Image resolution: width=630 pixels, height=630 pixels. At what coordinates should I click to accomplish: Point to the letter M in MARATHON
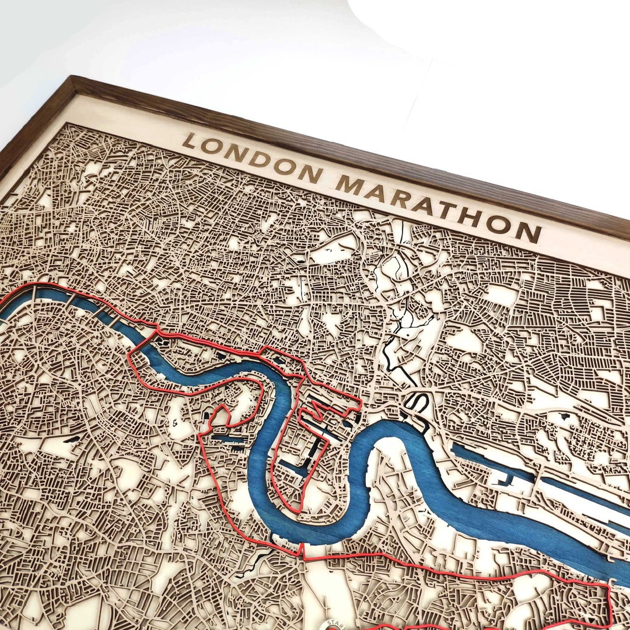[350, 185]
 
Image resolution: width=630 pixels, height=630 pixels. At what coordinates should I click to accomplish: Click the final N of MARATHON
[527, 233]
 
